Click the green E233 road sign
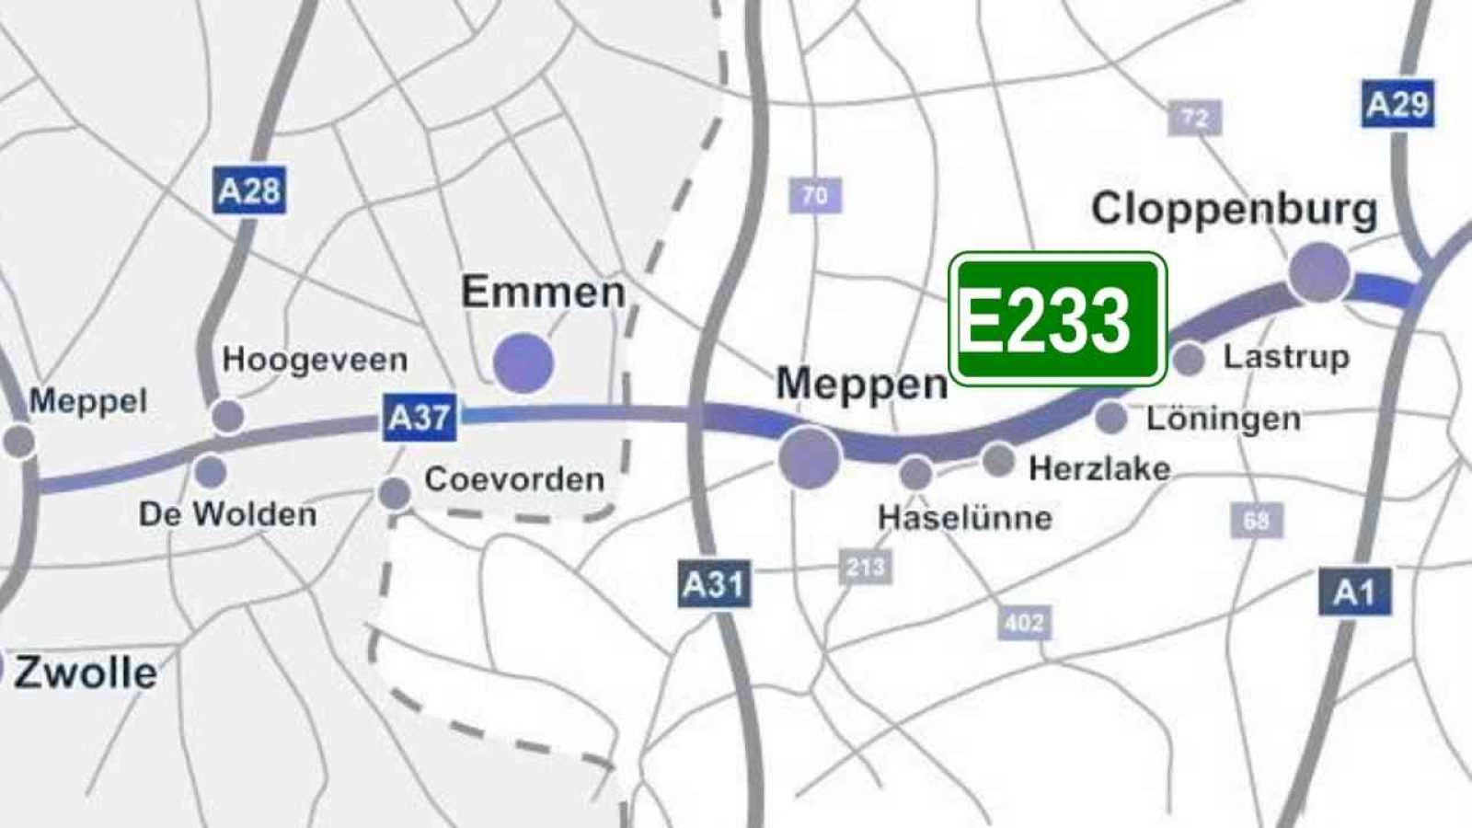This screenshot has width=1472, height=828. (x=1057, y=319)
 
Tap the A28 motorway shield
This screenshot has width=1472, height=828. (x=248, y=190)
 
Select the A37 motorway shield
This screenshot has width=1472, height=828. (x=420, y=418)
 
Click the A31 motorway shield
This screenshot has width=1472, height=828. (x=715, y=583)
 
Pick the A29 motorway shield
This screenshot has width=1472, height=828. (x=1397, y=104)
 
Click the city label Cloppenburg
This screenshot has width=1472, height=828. (x=1234, y=210)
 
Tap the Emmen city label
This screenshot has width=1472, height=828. (x=543, y=293)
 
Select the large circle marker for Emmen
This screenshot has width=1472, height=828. (x=523, y=362)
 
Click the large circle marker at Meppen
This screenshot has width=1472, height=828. (x=810, y=456)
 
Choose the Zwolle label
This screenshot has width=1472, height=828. (x=85, y=673)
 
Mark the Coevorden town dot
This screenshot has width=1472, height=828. (x=395, y=493)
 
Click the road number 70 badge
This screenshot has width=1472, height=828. (x=814, y=195)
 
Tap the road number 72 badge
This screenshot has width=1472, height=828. (x=1194, y=118)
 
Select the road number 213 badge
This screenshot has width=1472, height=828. (x=865, y=567)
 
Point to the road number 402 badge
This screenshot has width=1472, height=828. (x=1023, y=623)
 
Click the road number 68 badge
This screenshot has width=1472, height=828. (x=1256, y=521)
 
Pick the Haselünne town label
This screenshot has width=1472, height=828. (x=965, y=518)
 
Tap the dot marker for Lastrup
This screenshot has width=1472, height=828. (x=1189, y=359)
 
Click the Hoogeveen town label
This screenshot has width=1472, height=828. (x=315, y=360)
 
